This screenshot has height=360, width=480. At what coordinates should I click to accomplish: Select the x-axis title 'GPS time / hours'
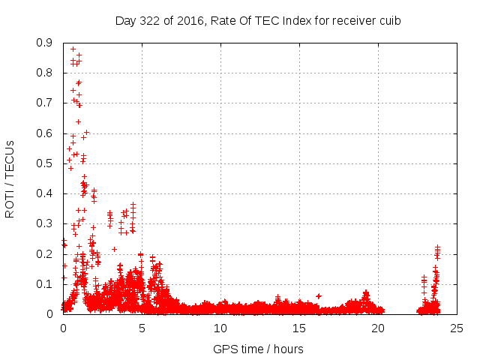[258, 349]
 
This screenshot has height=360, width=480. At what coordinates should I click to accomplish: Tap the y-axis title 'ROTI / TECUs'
[10, 178]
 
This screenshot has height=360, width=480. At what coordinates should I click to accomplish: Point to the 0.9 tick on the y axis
[43, 43]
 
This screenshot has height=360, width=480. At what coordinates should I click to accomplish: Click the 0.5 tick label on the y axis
[43, 163]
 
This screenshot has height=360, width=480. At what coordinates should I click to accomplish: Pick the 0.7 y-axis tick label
[43, 103]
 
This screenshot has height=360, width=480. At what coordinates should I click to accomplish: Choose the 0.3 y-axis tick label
[43, 223]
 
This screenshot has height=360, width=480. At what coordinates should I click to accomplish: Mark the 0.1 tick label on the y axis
[43, 284]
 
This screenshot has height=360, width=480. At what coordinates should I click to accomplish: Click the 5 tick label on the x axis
[142, 328]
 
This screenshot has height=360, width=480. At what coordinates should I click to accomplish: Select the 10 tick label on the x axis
[220, 328]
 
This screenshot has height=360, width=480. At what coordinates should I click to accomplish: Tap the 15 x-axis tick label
[299, 328]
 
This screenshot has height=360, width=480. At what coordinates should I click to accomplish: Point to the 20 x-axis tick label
[378, 328]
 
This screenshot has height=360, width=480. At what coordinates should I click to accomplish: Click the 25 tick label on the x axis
[457, 328]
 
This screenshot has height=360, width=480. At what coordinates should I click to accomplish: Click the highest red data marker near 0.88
[73, 49]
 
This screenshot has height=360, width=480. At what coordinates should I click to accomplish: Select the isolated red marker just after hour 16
[319, 296]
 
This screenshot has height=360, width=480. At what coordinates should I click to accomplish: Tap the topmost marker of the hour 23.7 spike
[437, 246]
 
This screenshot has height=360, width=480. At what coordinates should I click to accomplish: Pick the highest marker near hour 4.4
[133, 204]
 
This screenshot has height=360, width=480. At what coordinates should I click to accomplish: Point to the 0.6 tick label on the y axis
[43, 133]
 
